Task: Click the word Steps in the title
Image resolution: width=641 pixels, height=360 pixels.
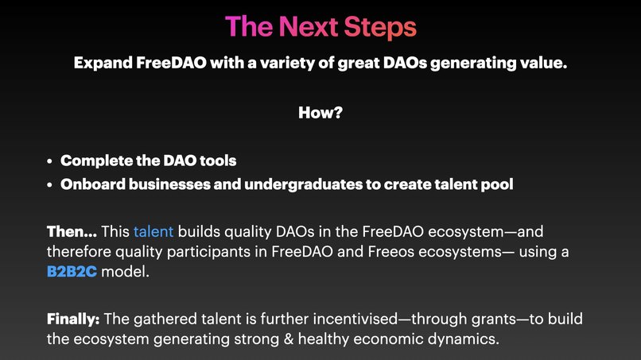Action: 379,27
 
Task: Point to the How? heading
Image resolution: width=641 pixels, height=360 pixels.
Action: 320,113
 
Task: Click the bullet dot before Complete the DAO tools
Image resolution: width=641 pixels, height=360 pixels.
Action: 50,161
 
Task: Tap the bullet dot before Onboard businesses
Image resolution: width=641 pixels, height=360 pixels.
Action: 50,185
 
